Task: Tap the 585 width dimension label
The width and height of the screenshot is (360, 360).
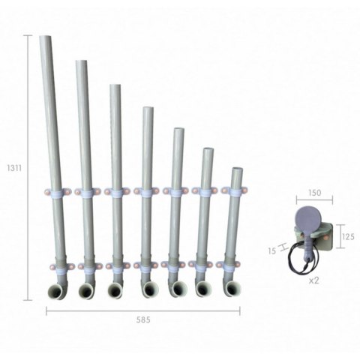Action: point(143,319)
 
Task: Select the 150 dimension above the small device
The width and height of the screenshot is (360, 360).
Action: point(314,193)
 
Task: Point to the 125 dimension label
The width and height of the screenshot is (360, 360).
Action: point(347,236)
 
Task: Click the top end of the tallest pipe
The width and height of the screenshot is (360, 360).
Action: point(46,38)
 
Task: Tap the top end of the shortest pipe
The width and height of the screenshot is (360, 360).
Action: point(237,171)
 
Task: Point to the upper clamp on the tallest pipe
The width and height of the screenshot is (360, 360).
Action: point(57,192)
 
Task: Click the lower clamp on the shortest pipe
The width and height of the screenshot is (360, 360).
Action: point(231,265)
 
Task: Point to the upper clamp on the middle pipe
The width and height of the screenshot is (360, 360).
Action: point(145,192)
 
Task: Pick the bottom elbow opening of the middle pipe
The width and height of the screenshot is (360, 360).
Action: point(145,290)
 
